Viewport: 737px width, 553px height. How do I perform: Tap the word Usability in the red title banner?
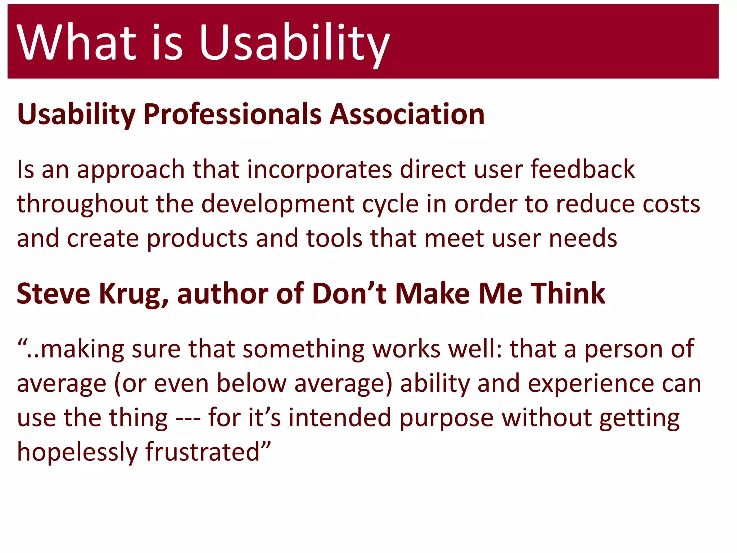294,42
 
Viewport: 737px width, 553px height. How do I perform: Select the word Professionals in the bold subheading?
232,114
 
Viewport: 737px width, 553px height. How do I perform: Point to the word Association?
407,114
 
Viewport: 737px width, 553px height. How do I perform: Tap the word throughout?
82,204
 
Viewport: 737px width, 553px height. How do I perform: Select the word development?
277,204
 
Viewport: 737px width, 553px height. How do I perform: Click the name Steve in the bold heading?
53,294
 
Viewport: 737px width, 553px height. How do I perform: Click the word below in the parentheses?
252,383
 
